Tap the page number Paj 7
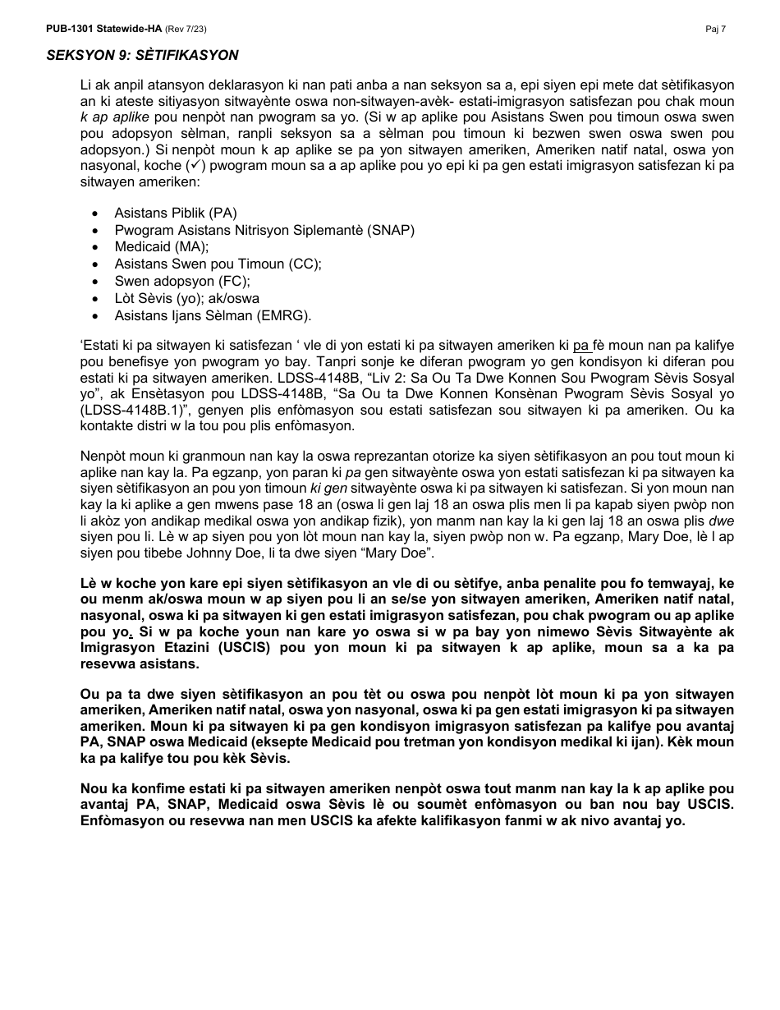coord(715,29)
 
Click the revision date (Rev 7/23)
coord(186,29)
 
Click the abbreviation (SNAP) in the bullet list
coord(392,230)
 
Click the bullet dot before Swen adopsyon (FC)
coord(97,281)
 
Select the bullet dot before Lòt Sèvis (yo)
coord(97,298)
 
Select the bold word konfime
coord(154,788)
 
